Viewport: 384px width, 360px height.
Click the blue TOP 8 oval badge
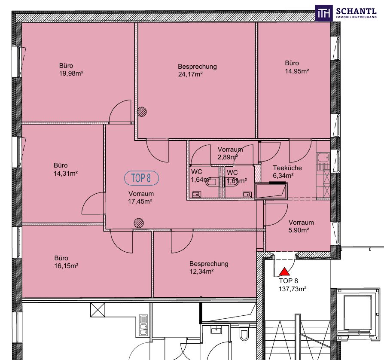point(142,178)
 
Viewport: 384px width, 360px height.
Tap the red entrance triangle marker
point(284,272)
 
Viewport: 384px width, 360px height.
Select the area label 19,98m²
point(71,73)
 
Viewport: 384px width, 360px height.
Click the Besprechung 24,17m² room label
point(198,70)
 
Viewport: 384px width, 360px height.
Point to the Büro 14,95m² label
point(297,67)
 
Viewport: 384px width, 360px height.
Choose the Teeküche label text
point(287,168)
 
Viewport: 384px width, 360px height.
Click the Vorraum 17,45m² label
point(141,198)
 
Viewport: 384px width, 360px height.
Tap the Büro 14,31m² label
point(66,169)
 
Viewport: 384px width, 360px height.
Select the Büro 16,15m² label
point(66,262)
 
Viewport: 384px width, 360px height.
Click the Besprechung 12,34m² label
point(209,268)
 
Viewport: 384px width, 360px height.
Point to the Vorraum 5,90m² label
point(301,226)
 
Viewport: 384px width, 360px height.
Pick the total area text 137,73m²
point(293,289)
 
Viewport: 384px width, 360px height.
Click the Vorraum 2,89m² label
point(230,153)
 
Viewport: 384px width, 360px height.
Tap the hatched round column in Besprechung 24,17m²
point(142,112)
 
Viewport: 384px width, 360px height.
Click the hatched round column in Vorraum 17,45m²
point(139,223)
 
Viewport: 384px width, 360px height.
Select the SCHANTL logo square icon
point(324,13)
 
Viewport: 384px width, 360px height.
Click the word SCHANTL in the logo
point(357,11)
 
